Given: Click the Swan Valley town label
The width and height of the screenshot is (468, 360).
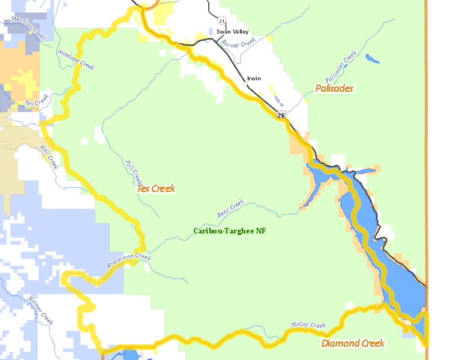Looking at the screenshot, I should (228, 31).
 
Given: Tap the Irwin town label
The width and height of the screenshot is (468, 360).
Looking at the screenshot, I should (254, 79).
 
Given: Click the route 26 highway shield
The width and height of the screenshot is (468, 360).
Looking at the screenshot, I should (281, 114).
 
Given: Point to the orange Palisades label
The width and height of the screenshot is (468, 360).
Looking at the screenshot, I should (334, 88).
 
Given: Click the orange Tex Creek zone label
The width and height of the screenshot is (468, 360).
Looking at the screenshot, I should (156, 188).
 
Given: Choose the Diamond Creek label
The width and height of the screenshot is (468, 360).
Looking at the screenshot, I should (353, 343).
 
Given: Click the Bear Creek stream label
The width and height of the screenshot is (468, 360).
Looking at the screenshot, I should (230, 208).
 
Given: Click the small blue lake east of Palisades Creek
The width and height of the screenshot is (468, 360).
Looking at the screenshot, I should (372, 59).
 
